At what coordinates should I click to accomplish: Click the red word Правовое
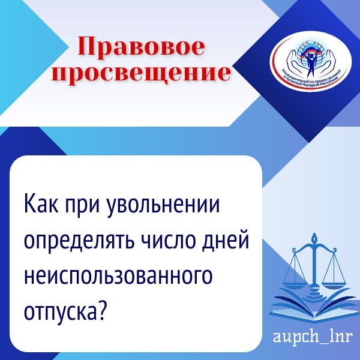(142, 46)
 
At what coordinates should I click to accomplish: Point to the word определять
(76, 242)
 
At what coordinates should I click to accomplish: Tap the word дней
(226, 242)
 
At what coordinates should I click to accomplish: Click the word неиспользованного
(118, 277)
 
